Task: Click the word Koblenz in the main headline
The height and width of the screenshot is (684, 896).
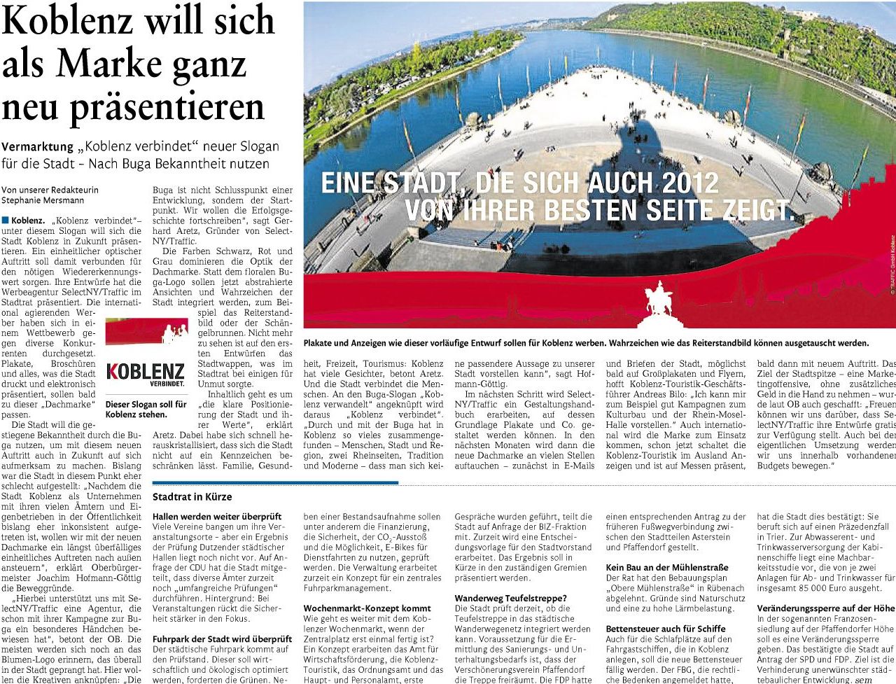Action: pyautogui.click(x=70, y=21)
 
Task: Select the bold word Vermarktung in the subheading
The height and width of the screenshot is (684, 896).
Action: pyautogui.click(x=37, y=147)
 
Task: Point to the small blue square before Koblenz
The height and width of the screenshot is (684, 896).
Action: pyautogui.click(x=6, y=221)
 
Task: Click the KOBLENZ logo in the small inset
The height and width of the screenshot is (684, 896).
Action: pyautogui.click(x=146, y=371)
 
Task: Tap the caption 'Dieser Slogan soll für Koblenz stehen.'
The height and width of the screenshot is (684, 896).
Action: pyautogui.click(x=146, y=409)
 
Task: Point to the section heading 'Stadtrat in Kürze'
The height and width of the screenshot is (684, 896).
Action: pyautogui.click(x=192, y=497)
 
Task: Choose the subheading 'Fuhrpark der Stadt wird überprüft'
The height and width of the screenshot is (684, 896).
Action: pyautogui.click(x=222, y=639)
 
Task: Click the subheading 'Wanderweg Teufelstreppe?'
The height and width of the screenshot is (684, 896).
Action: pyautogui.click(x=512, y=598)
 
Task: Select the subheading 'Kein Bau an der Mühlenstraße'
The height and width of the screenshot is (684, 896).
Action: pyautogui.click(x=667, y=567)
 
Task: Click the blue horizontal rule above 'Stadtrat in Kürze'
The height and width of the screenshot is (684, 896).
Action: pyautogui.click(x=275, y=482)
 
